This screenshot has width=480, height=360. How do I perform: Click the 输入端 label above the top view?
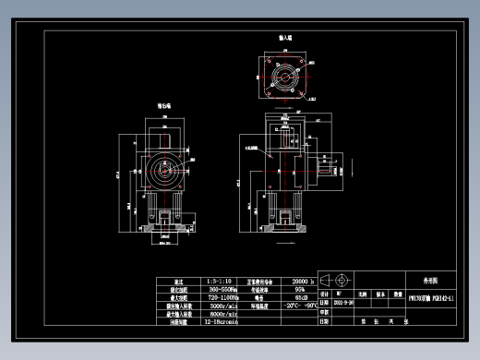pos(285,38)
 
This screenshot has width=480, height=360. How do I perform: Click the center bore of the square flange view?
pos(285,80)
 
